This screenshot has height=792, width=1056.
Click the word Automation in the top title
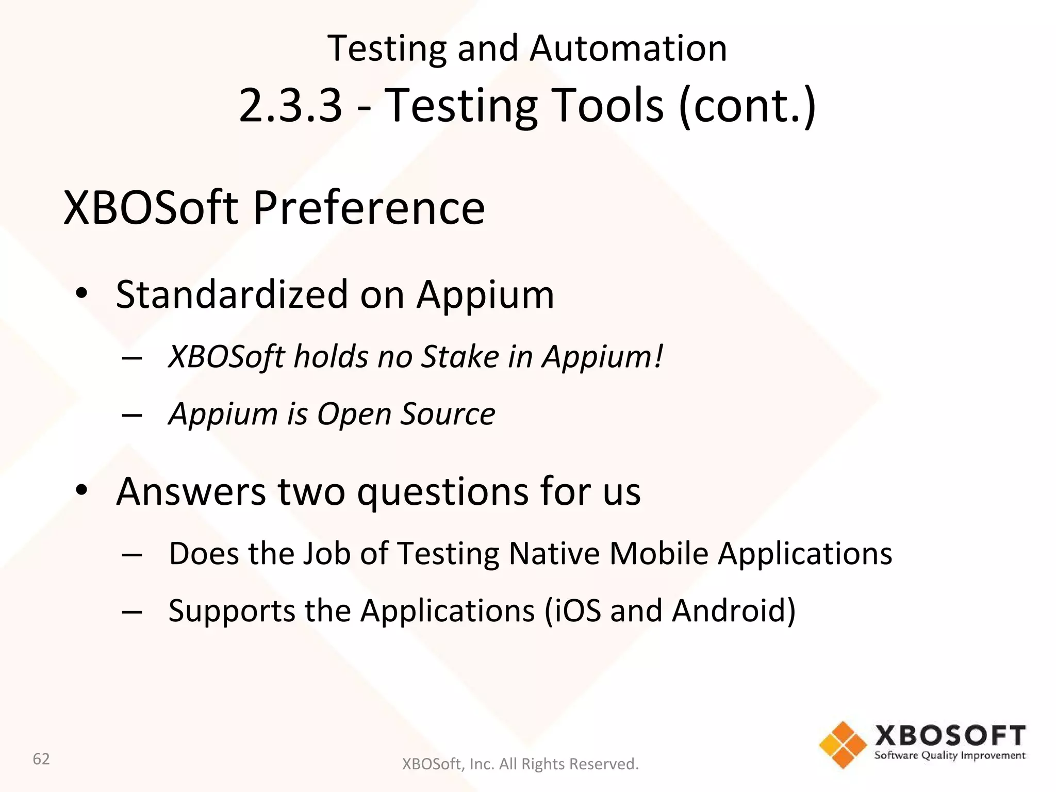[x=628, y=48]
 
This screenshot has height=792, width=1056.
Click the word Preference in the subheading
[x=369, y=208]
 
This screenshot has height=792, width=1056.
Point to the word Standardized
[x=232, y=295]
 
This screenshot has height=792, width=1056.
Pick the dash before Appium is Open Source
[x=132, y=415]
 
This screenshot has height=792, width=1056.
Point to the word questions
[x=443, y=492]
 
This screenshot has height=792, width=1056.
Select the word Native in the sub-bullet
[x=553, y=554]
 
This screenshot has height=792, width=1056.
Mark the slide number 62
[x=41, y=759]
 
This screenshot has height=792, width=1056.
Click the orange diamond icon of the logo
[x=843, y=745]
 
